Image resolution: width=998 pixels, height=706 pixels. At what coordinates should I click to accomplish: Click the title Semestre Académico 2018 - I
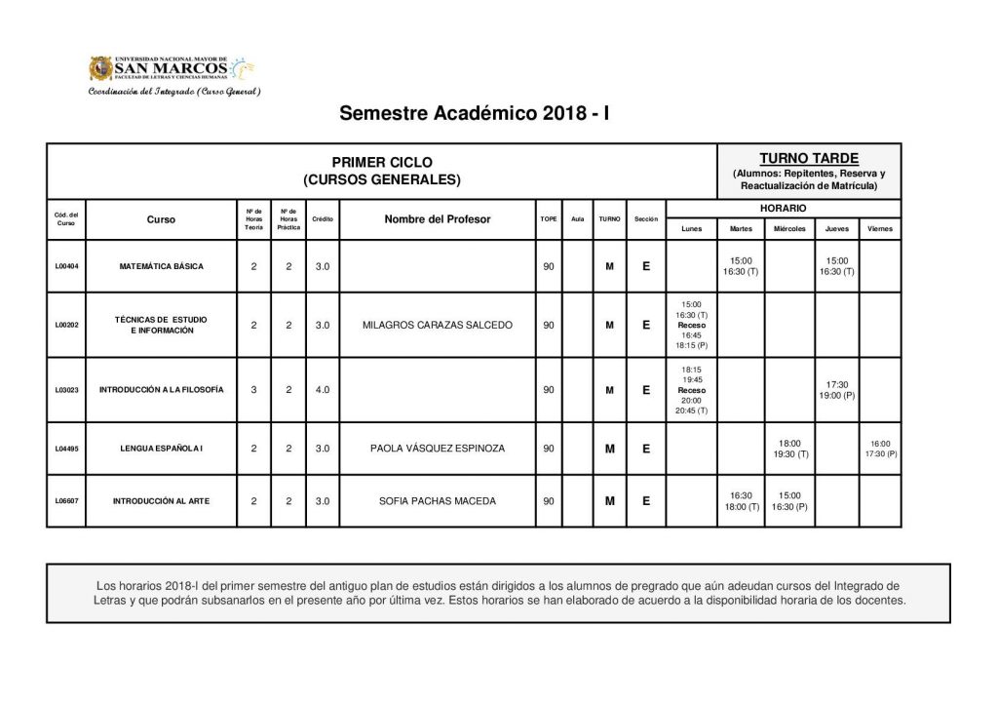[x=475, y=113]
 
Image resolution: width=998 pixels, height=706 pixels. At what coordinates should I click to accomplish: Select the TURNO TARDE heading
[x=808, y=158]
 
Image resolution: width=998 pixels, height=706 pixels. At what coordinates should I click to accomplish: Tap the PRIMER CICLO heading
[x=381, y=162]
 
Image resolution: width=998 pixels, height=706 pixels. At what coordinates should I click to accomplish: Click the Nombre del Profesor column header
[x=438, y=219]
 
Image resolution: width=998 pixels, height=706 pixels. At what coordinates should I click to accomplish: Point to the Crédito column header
[x=323, y=219]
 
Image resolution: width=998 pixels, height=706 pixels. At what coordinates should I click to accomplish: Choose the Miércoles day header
[x=789, y=228]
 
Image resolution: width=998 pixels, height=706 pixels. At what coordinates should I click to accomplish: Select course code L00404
[x=66, y=266]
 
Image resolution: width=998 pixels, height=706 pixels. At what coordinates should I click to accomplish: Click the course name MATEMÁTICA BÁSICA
[x=162, y=266]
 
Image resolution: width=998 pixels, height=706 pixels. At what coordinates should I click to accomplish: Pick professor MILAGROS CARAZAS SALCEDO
[x=437, y=325]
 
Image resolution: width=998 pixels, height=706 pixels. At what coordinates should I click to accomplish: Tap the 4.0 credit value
[x=323, y=390]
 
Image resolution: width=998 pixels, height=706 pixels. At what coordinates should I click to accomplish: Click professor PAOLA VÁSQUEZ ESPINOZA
[x=437, y=450]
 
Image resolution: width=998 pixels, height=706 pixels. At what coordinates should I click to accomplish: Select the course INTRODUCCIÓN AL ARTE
[x=161, y=501]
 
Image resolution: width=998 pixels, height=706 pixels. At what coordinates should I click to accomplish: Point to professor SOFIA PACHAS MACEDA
[x=437, y=501]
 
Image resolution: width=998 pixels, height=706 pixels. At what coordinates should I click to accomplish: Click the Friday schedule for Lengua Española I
[x=880, y=450]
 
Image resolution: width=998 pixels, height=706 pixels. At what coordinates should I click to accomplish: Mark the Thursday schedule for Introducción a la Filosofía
[x=836, y=390]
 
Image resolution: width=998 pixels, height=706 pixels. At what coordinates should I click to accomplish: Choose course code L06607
[x=66, y=501]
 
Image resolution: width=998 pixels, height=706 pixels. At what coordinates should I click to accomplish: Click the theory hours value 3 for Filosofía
[x=253, y=390]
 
